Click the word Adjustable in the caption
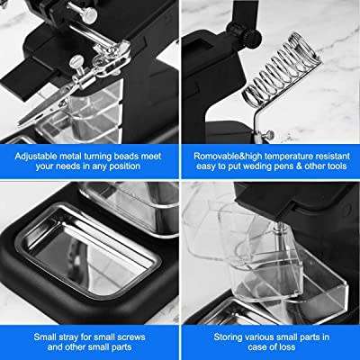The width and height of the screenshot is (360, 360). coord(43,154)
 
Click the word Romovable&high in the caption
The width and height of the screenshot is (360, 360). coord(227,154)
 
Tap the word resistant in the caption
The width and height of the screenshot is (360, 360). coord(341,154)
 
